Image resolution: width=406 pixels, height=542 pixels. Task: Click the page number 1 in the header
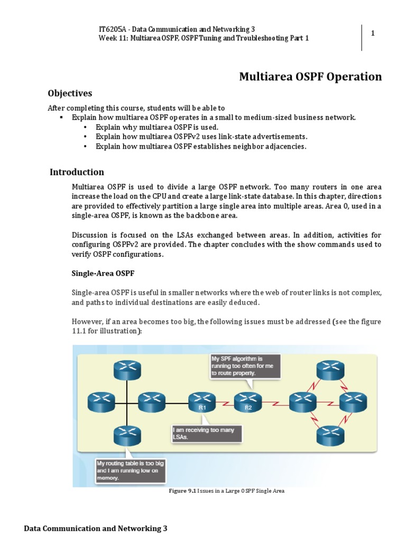coord(373,33)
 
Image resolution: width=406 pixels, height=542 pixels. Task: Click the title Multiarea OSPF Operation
coord(310,77)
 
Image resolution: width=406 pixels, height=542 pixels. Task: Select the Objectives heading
coord(70,94)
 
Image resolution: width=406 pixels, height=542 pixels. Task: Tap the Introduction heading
coord(77,172)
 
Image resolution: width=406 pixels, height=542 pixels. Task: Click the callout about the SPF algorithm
coord(245,366)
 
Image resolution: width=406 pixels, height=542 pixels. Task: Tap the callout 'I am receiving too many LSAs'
coord(207,433)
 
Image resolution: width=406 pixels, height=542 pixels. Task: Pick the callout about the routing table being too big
coord(128,470)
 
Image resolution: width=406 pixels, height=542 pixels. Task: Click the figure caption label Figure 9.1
coord(182,491)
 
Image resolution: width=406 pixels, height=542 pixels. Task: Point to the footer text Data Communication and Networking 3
coord(96,528)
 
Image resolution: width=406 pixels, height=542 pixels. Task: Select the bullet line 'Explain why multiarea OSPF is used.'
coord(156,127)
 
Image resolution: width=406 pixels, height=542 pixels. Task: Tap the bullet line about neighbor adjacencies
coord(201,146)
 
